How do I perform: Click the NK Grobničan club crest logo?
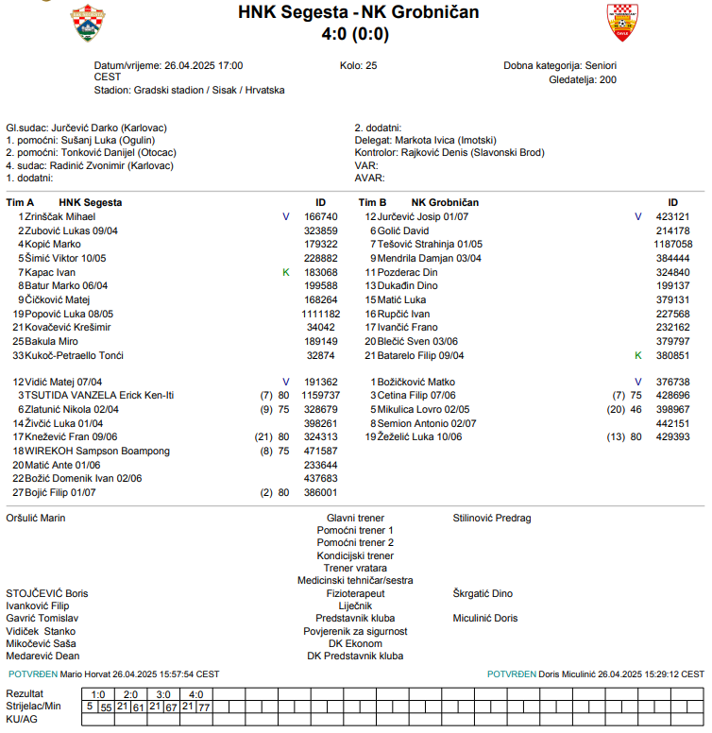622,23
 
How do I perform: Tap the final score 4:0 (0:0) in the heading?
355,35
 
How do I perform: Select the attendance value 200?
607,80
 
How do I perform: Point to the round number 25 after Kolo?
371,66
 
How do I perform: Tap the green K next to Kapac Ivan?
286,273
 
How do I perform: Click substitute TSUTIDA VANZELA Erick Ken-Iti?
99,396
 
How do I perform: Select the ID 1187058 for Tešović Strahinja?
672,245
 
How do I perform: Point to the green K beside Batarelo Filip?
637,356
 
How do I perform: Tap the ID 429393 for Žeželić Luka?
672,438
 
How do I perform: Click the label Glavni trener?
355,519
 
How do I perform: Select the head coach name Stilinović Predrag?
492,519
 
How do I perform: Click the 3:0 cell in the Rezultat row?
163,694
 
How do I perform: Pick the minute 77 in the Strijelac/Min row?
204,707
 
